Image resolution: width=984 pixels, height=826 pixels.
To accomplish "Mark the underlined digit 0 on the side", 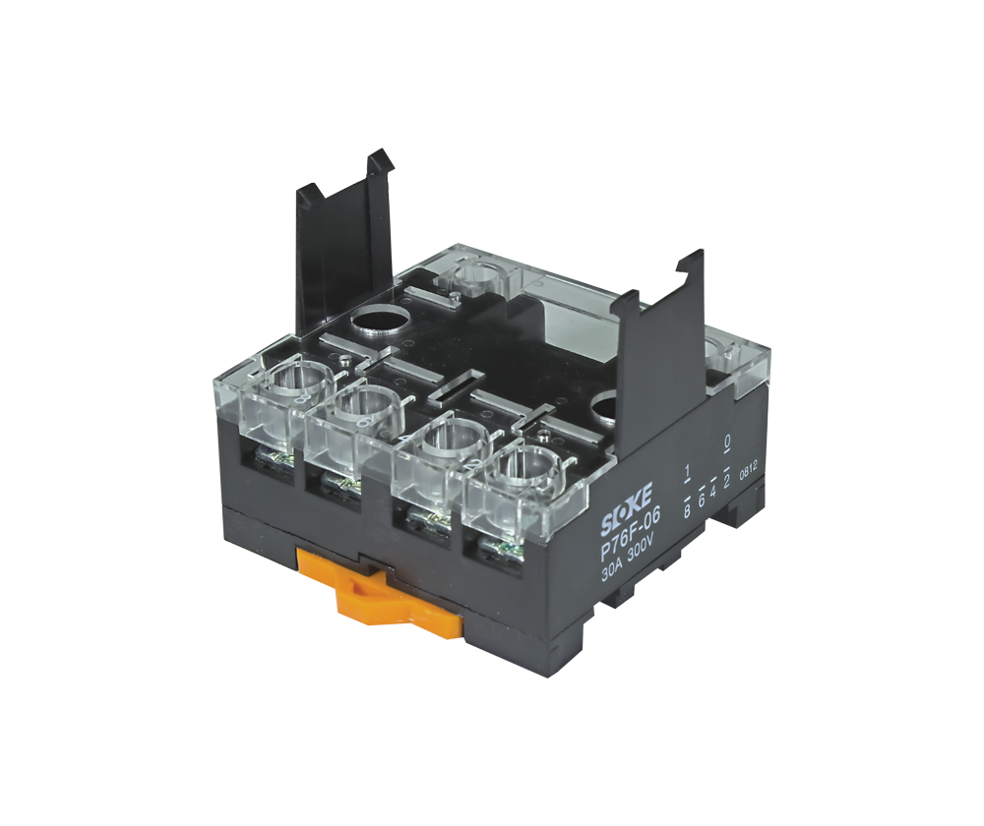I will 726,441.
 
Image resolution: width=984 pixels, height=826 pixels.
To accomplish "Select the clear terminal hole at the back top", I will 482,274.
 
